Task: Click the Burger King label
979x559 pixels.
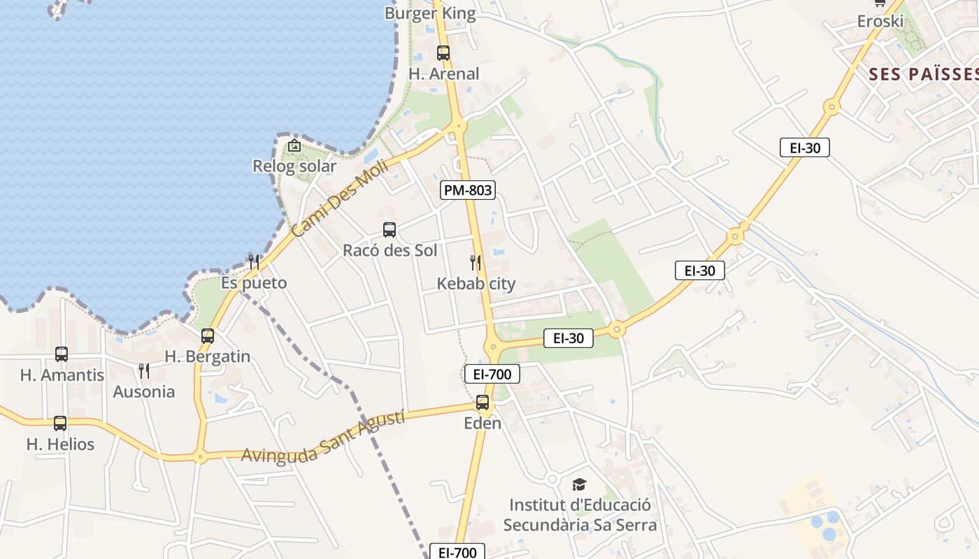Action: pyautogui.click(x=430, y=13)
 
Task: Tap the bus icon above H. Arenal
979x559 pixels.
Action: pyautogui.click(x=443, y=52)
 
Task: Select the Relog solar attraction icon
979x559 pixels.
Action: pyautogui.click(x=294, y=145)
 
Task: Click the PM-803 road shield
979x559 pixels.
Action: pyautogui.click(x=468, y=189)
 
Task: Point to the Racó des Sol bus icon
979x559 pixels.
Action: pyautogui.click(x=390, y=229)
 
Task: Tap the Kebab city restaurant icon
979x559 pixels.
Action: pyautogui.click(x=476, y=263)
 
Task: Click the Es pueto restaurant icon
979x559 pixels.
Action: pyautogui.click(x=254, y=261)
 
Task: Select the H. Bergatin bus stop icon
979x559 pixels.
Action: pyautogui.click(x=208, y=335)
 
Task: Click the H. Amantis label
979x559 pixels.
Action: pyautogui.click(x=62, y=375)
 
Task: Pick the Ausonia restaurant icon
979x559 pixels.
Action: pyautogui.click(x=144, y=370)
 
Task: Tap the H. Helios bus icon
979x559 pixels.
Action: pyautogui.click(x=60, y=423)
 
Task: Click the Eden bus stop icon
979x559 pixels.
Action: pyautogui.click(x=483, y=402)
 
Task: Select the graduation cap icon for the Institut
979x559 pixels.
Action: pyautogui.click(x=579, y=484)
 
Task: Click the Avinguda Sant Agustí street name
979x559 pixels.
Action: pyautogui.click(x=323, y=437)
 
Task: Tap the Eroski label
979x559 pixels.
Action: pyautogui.click(x=880, y=21)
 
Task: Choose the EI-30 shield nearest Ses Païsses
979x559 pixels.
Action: pyautogui.click(x=805, y=147)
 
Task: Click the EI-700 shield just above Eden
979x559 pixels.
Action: pyautogui.click(x=492, y=375)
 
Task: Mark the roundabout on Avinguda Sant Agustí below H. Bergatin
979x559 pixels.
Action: pyautogui.click(x=201, y=458)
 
